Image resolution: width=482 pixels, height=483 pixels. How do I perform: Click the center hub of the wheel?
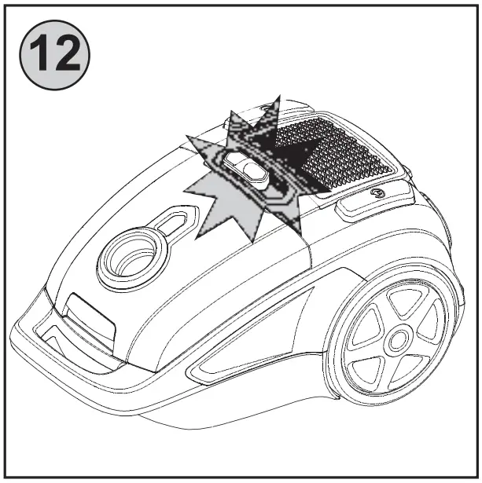click(396, 338)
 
